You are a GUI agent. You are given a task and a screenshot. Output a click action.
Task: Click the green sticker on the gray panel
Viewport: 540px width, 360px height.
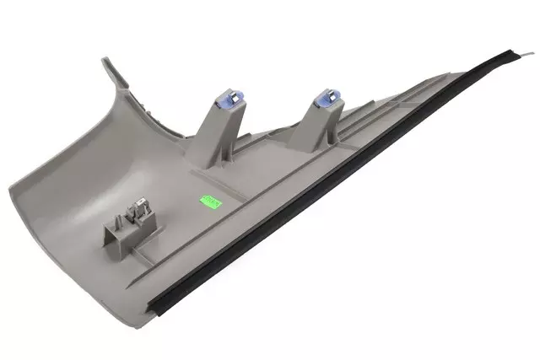pyautogui.click(x=208, y=201)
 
